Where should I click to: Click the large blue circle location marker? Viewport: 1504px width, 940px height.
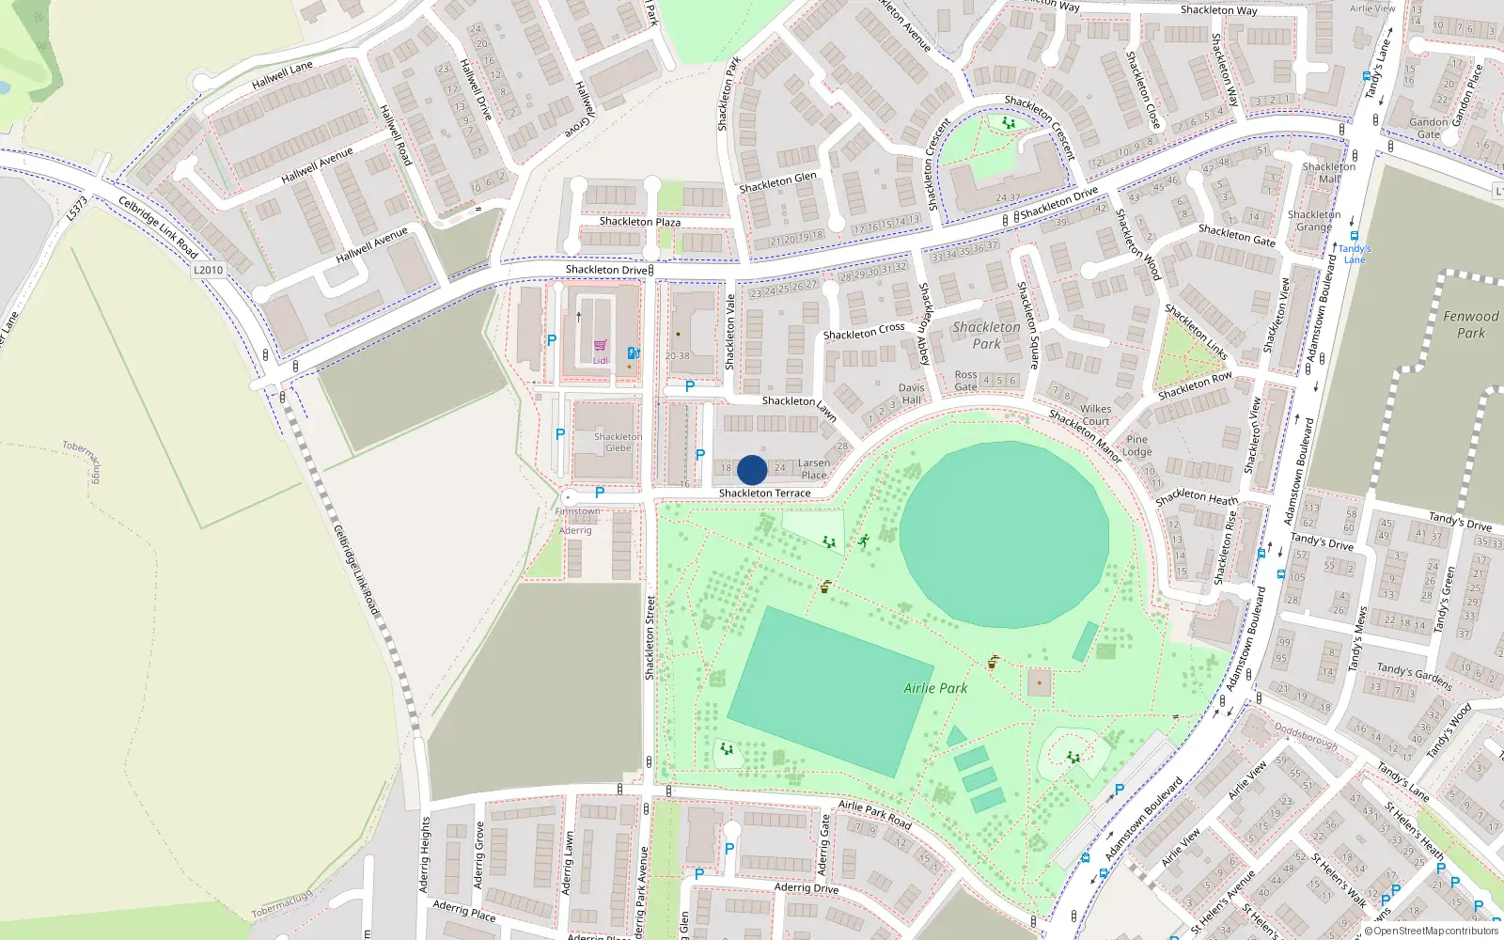click(752, 470)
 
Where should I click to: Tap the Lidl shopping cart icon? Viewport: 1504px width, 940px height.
click(601, 346)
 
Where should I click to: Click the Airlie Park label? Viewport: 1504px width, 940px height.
click(935, 688)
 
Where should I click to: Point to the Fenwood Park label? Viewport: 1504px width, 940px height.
click(1470, 324)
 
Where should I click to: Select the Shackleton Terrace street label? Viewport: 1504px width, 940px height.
click(764, 493)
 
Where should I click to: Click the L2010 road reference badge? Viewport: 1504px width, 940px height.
click(209, 270)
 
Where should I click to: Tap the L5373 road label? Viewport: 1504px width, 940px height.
click(77, 209)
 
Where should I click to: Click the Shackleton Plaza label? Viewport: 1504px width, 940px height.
click(639, 222)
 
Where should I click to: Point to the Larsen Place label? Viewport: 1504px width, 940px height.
click(814, 469)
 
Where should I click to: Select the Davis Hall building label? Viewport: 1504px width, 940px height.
click(911, 394)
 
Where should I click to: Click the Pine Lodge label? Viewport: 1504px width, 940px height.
click(1136, 446)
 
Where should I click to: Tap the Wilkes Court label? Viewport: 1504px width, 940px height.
click(1095, 415)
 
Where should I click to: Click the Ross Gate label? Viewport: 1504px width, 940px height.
click(965, 381)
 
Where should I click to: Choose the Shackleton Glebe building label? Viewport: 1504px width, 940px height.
click(618, 442)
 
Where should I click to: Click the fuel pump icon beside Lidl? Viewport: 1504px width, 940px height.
click(634, 353)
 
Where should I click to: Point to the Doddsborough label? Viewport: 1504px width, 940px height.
click(1306, 735)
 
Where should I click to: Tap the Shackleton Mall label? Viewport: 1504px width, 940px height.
click(1328, 173)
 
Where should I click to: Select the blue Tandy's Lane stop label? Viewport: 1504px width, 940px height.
click(1354, 254)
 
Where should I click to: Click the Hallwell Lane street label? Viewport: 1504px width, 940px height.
click(282, 75)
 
